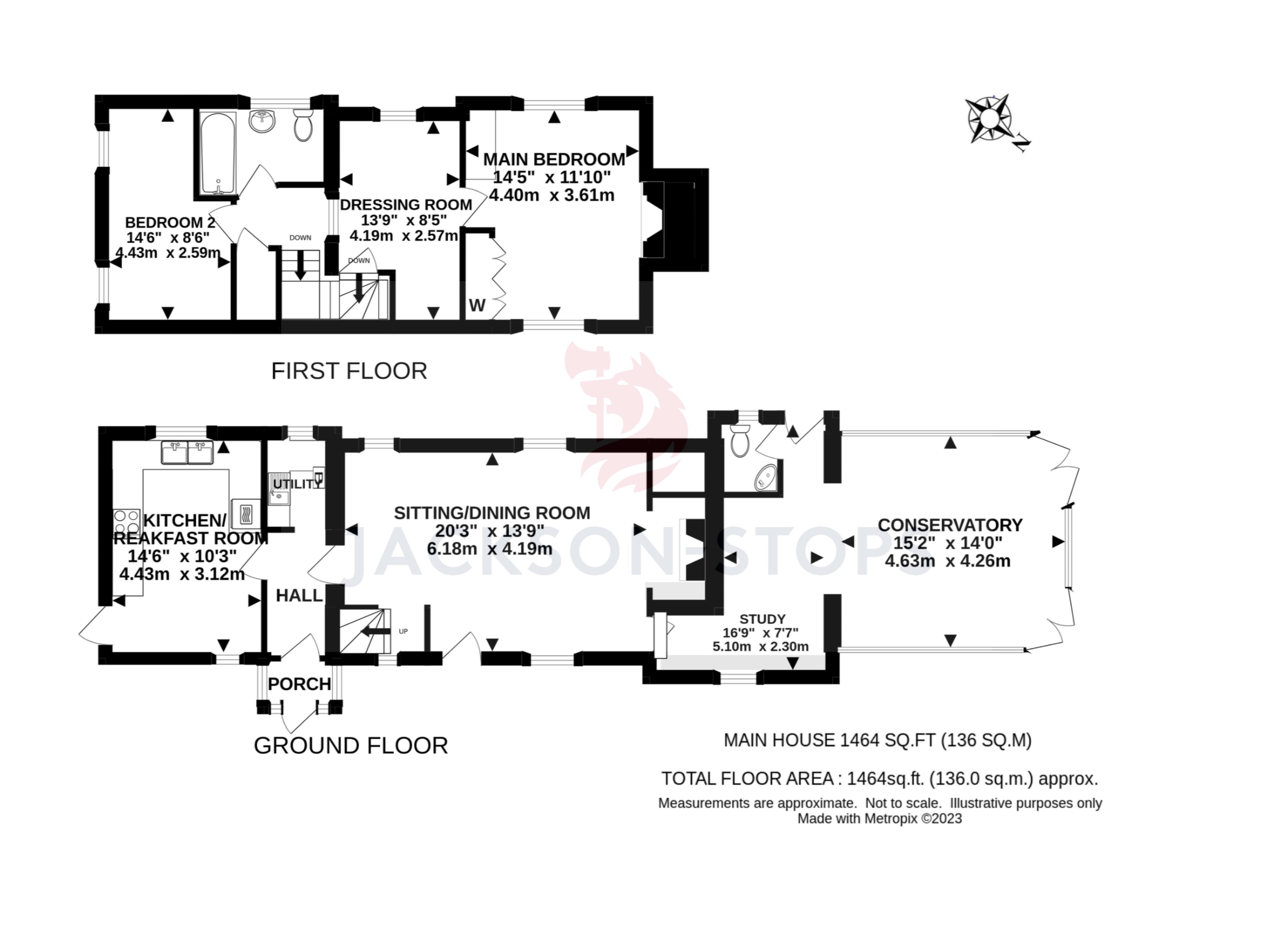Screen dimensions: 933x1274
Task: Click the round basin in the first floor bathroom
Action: coord(262,121)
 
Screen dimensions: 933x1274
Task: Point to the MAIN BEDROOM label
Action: coord(554,159)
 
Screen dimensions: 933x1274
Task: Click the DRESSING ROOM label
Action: coord(406,204)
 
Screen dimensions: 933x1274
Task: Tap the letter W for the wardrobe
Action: coord(477,306)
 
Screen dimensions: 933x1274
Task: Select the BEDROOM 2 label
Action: coord(170,222)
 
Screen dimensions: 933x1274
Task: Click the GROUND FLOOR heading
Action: coord(350,746)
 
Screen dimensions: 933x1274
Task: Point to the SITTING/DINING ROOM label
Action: coord(491,513)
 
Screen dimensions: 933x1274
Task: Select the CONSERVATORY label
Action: coord(950,525)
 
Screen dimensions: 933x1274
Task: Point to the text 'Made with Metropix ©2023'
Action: coord(879,818)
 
